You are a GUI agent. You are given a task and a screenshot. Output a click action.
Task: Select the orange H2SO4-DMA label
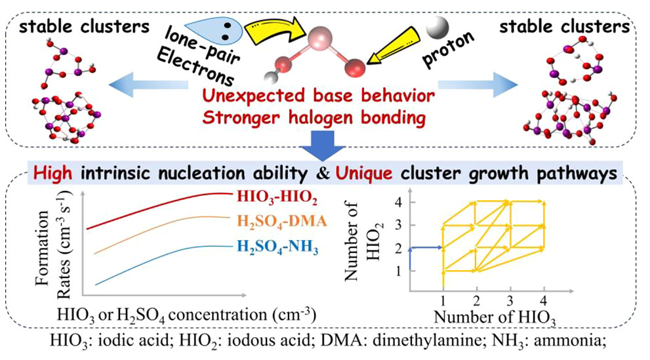tap(282, 222)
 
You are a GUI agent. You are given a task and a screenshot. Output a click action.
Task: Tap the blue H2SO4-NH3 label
tap(277, 247)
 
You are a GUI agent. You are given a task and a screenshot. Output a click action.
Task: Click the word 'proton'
tap(448, 49)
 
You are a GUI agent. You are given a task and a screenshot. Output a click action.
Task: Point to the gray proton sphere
tap(437, 28)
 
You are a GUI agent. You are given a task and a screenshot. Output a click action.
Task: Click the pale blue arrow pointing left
tap(148, 85)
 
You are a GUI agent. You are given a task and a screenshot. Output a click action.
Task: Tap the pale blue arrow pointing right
tap(478, 85)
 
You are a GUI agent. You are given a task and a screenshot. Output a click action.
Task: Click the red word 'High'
tap(52, 172)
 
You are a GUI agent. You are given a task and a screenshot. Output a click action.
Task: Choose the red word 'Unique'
tap(363, 172)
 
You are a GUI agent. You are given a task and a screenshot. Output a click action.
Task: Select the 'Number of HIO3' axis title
tap(495, 318)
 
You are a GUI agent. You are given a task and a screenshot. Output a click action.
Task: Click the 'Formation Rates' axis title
tap(54, 244)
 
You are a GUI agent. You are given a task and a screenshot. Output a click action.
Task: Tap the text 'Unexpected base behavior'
tap(318, 96)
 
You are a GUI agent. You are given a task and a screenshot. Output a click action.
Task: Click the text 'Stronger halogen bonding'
tap(314, 117)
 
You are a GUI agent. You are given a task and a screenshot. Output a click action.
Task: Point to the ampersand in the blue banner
tap(323, 173)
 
